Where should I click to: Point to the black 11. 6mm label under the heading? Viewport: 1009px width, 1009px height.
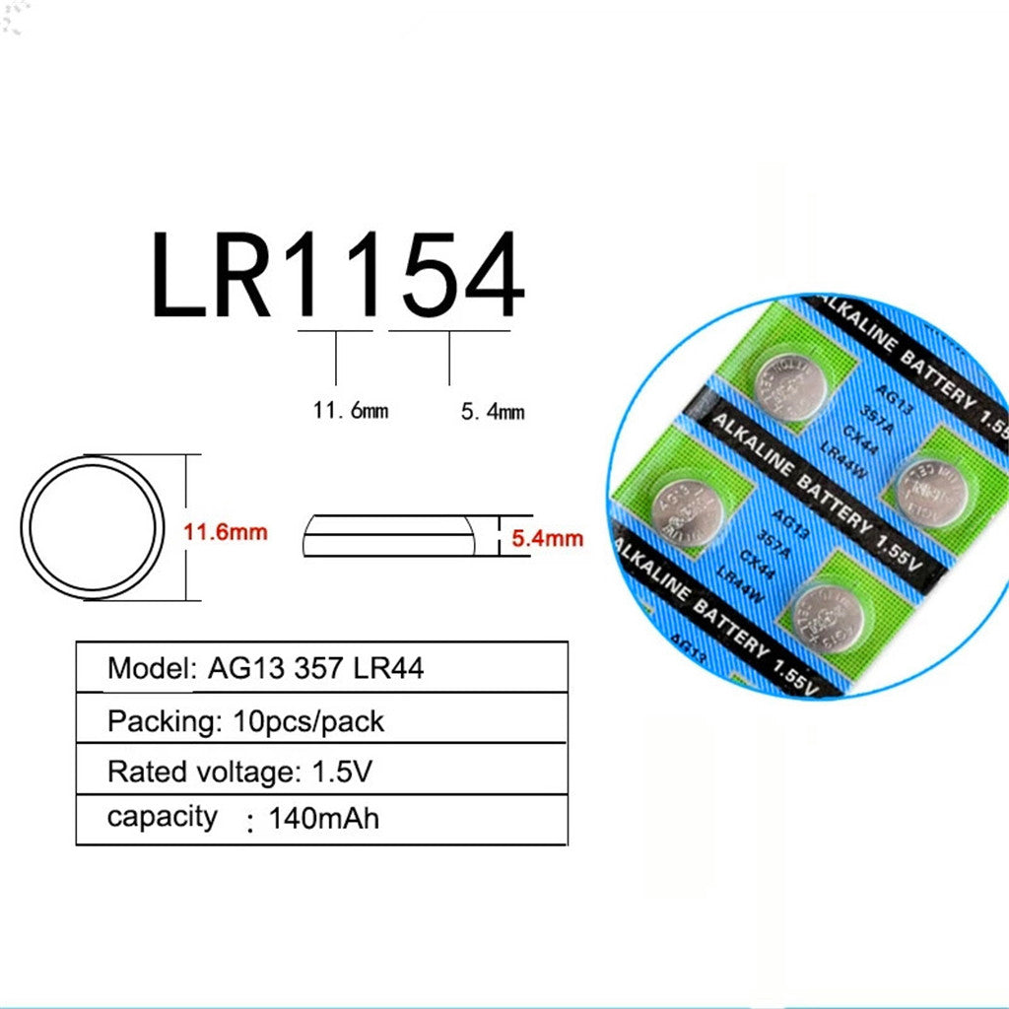[351, 410]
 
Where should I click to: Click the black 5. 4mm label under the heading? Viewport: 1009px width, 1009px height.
[493, 412]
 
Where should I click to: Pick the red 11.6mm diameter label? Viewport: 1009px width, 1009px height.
[226, 532]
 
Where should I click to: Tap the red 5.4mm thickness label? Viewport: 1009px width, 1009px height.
[547, 538]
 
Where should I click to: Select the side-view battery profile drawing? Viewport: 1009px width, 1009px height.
[388, 536]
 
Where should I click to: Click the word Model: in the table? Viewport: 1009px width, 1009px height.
[153, 668]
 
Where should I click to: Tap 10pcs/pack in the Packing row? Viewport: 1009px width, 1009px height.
[309, 721]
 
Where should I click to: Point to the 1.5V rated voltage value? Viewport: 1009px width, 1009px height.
[343, 772]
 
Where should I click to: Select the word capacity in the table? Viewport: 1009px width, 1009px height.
[162, 817]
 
